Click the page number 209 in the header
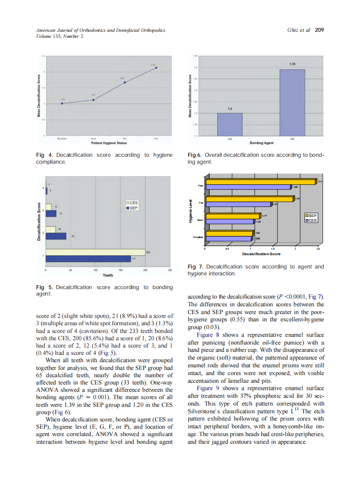[319, 30]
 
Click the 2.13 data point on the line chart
[156, 67]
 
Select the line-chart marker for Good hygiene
[93, 100]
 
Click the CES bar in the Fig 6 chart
[230, 125]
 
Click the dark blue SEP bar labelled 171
[88, 259]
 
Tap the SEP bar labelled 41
[56, 236]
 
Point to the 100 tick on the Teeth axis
[95, 270]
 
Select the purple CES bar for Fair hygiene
[239, 204]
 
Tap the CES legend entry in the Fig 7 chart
[311, 220]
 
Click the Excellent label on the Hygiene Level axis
[200, 237]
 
